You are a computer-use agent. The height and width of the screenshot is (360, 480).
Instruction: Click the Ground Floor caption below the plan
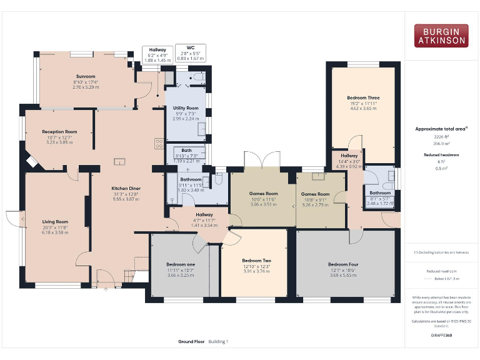pyautogui.click(x=192, y=342)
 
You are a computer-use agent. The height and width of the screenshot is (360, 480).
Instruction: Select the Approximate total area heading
pyautogui.click(x=440, y=129)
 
